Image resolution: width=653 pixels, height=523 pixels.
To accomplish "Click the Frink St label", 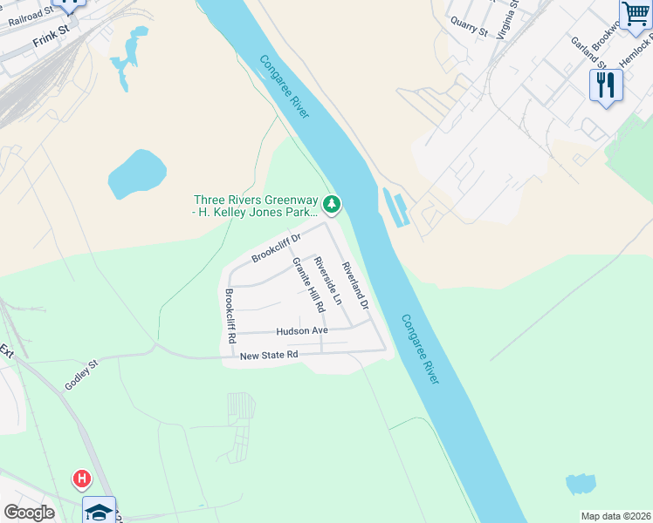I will click(x=50, y=40).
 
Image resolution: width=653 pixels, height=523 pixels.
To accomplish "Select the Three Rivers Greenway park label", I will click(x=255, y=205).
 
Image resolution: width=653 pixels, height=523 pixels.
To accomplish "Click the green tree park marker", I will click(x=332, y=205).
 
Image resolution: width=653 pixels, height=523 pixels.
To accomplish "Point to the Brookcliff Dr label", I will click(x=276, y=247).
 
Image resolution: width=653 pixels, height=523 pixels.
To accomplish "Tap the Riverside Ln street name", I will click(x=328, y=282).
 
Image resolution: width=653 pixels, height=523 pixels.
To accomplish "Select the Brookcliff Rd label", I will click(x=230, y=315).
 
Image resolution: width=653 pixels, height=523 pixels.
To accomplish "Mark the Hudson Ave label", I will click(x=302, y=331).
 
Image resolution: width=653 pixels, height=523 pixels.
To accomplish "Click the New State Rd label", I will click(x=269, y=355).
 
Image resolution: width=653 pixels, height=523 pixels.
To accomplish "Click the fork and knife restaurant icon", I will click(x=605, y=85).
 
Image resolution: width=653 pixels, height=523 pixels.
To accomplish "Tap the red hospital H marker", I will click(x=81, y=479).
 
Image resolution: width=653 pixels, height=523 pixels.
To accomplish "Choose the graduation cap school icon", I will click(x=100, y=511).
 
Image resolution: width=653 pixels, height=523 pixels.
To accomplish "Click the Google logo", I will click(x=29, y=513).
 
